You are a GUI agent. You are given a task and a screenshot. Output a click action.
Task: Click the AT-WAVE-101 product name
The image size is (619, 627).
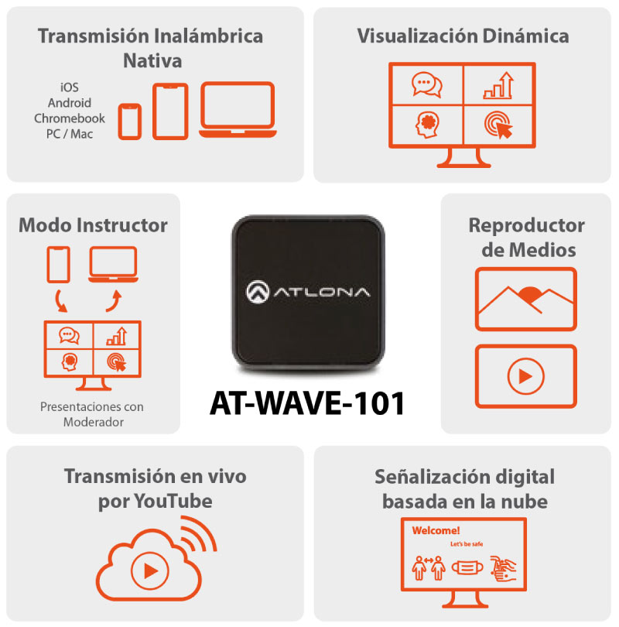(x=307, y=403)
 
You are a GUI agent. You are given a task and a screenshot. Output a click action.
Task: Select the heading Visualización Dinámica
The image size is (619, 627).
(x=463, y=36)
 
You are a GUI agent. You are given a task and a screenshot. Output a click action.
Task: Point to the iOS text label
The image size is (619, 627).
(x=69, y=88)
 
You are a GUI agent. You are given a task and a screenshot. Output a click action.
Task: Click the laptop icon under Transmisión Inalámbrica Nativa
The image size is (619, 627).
(x=238, y=110)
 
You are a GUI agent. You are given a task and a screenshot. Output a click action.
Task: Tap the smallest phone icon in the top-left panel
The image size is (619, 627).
(x=130, y=122)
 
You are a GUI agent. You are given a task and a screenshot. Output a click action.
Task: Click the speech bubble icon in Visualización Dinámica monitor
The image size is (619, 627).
(x=426, y=84)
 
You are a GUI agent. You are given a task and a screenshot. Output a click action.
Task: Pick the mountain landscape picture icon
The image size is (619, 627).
(x=525, y=300)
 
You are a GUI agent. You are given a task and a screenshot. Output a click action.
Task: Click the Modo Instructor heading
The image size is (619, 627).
(x=93, y=225)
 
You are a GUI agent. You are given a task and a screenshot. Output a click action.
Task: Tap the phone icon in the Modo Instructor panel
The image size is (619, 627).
(x=59, y=264)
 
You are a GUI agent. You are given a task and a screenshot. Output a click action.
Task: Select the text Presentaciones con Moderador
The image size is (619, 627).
(x=93, y=414)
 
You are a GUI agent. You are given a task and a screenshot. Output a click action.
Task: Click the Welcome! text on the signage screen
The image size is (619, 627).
(x=436, y=531)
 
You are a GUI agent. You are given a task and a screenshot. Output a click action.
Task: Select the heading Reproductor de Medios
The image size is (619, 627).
(x=526, y=238)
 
